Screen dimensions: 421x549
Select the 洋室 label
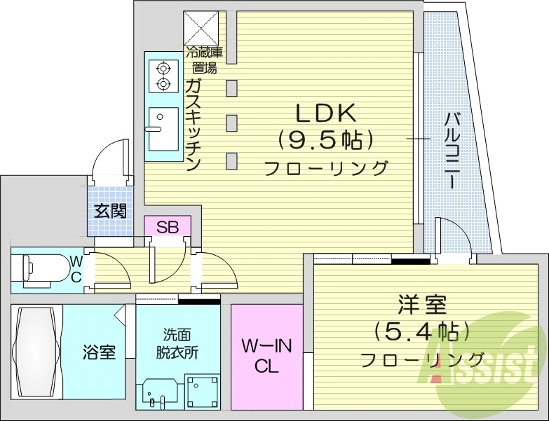pos(422,306)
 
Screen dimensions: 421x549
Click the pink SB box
pos(167,227)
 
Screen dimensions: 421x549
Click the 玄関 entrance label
pos(111,210)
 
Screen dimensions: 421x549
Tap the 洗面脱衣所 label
pos(177,343)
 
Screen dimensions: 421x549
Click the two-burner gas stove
pos(163,76)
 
